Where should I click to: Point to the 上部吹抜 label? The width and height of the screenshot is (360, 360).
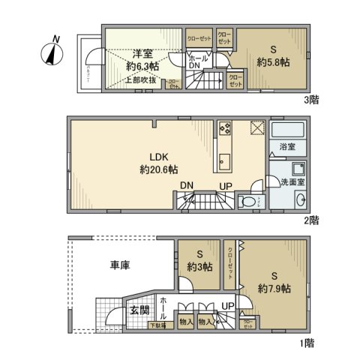(x=140, y=79)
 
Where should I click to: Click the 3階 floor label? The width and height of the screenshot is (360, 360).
(x=311, y=99)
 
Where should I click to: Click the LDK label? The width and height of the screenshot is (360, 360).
(x=160, y=157)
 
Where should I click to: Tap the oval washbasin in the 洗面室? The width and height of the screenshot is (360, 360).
(x=301, y=199)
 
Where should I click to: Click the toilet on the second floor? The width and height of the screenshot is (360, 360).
(x=246, y=202)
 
